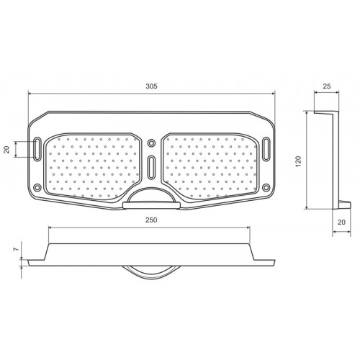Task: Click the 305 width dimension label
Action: click(151, 86)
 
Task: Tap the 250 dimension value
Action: click(151, 220)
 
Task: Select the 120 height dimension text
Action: click(298, 161)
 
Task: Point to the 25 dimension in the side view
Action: click(327, 86)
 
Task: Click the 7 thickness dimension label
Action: click(16, 249)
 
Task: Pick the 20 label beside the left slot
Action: click(6, 150)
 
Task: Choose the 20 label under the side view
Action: click(341, 222)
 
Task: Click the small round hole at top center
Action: click(151, 143)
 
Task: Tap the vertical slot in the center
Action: click(151, 167)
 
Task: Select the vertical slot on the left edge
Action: click(37, 149)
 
